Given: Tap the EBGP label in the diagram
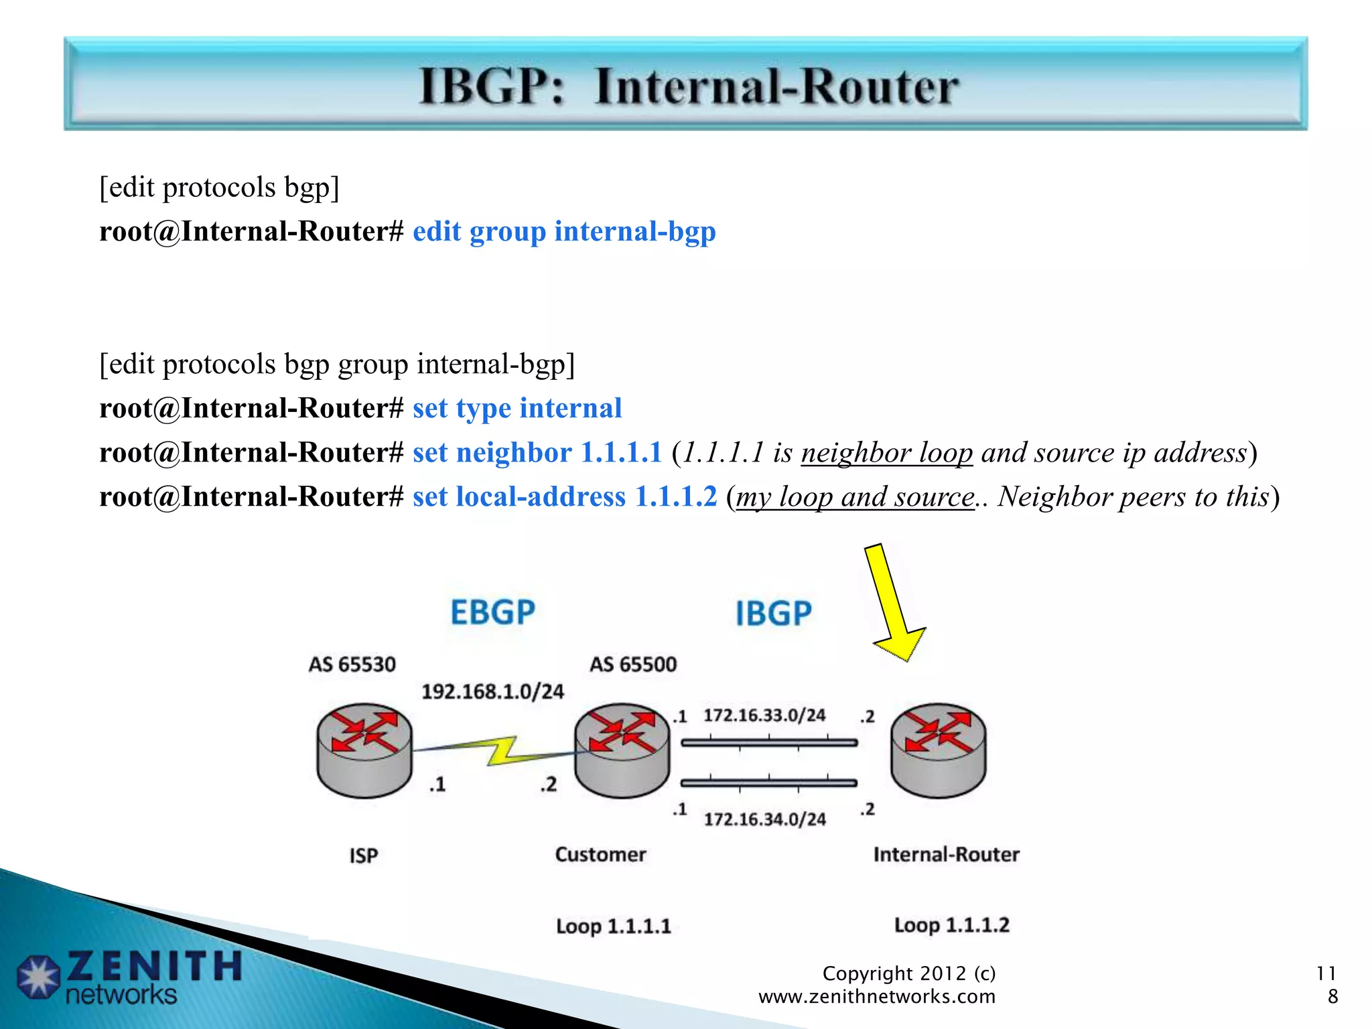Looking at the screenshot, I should point(492,612).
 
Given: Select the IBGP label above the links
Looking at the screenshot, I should point(774,614).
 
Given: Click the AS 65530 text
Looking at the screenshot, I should point(352,665).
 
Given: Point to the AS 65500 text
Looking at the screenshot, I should point(633,665).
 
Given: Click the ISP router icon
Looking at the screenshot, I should point(364,750).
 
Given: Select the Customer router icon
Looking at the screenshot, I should point(622,750).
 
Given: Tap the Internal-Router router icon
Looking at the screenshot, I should point(938,750).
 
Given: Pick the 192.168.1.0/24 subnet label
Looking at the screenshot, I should point(492,691).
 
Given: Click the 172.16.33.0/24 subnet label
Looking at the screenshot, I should point(764,715).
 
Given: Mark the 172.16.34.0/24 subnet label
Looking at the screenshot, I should point(764,819).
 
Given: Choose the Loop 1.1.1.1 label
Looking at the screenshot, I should point(613,927).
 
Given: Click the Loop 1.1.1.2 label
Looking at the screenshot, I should point(951,925).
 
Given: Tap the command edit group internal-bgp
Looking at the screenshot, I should point(564,232).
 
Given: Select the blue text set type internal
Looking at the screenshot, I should point(517,409).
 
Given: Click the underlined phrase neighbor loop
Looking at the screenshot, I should point(886,453).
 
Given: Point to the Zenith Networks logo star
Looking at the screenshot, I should point(38,977).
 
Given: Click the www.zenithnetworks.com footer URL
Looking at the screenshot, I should point(876,997).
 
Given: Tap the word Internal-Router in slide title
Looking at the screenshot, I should point(776,87).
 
